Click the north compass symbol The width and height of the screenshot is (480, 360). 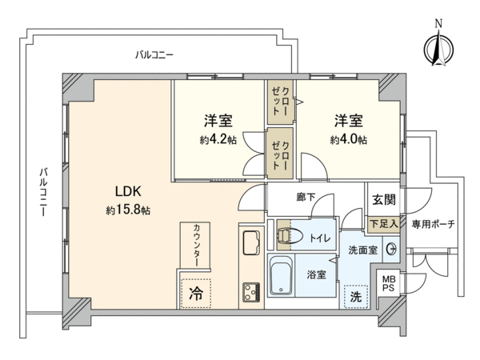click(x=438, y=46)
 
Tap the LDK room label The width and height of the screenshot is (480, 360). click(x=128, y=191)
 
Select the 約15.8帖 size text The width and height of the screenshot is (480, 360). click(x=128, y=210)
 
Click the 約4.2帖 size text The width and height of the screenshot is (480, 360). click(x=218, y=140)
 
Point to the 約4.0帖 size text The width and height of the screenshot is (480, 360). click(x=348, y=140)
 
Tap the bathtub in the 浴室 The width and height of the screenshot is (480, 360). click(x=281, y=275)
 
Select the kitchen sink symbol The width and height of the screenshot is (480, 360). click(x=251, y=242)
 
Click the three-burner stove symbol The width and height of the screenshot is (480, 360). click(x=251, y=292)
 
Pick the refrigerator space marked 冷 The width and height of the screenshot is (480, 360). click(x=196, y=293)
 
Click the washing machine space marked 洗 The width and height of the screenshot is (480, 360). click(x=355, y=296)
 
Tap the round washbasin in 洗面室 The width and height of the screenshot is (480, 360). click(x=391, y=250)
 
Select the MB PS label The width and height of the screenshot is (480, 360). click(x=389, y=283)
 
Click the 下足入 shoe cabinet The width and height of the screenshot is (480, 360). click(x=383, y=224)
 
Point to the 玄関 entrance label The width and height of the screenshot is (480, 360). click(x=384, y=199)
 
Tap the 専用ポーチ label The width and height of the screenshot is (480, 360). click(x=433, y=224)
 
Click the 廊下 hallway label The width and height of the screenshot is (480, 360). click(x=306, y=197)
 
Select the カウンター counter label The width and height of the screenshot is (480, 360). click(x=197, y=246)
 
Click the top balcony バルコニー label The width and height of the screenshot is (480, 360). click(x=154, y=55)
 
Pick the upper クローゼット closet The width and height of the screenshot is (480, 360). click(x=280, y=102)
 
